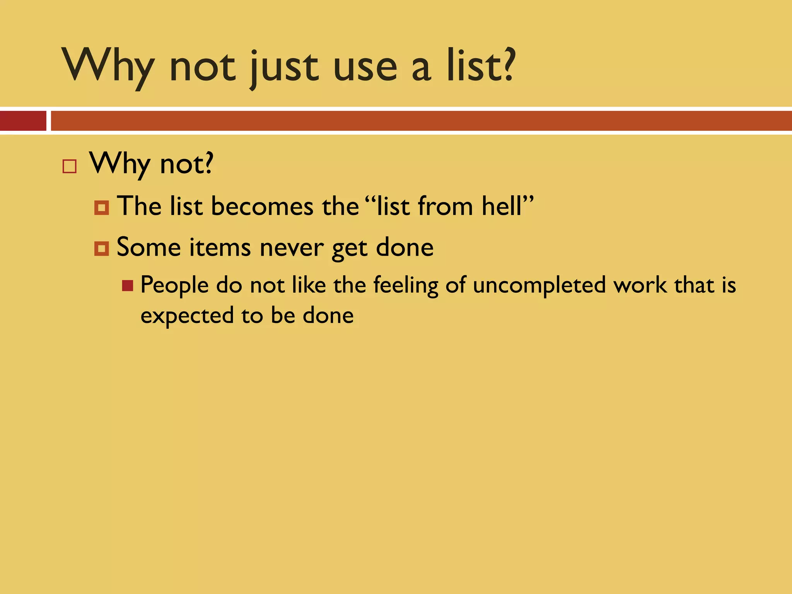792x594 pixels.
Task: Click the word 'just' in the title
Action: (x=284, y=68)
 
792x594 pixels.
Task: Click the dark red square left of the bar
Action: (x=23, y=121)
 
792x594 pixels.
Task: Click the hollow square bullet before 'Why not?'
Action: (x=70, y=166)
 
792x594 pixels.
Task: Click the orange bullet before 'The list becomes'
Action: (x=101, y=208)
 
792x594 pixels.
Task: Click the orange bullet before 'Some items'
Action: (x=101, y=249)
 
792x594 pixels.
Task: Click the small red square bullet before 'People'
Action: (x=128, y=286)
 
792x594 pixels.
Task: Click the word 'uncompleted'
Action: (x=539, y=285)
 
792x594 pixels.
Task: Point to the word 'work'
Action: (x=640, y=285)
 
